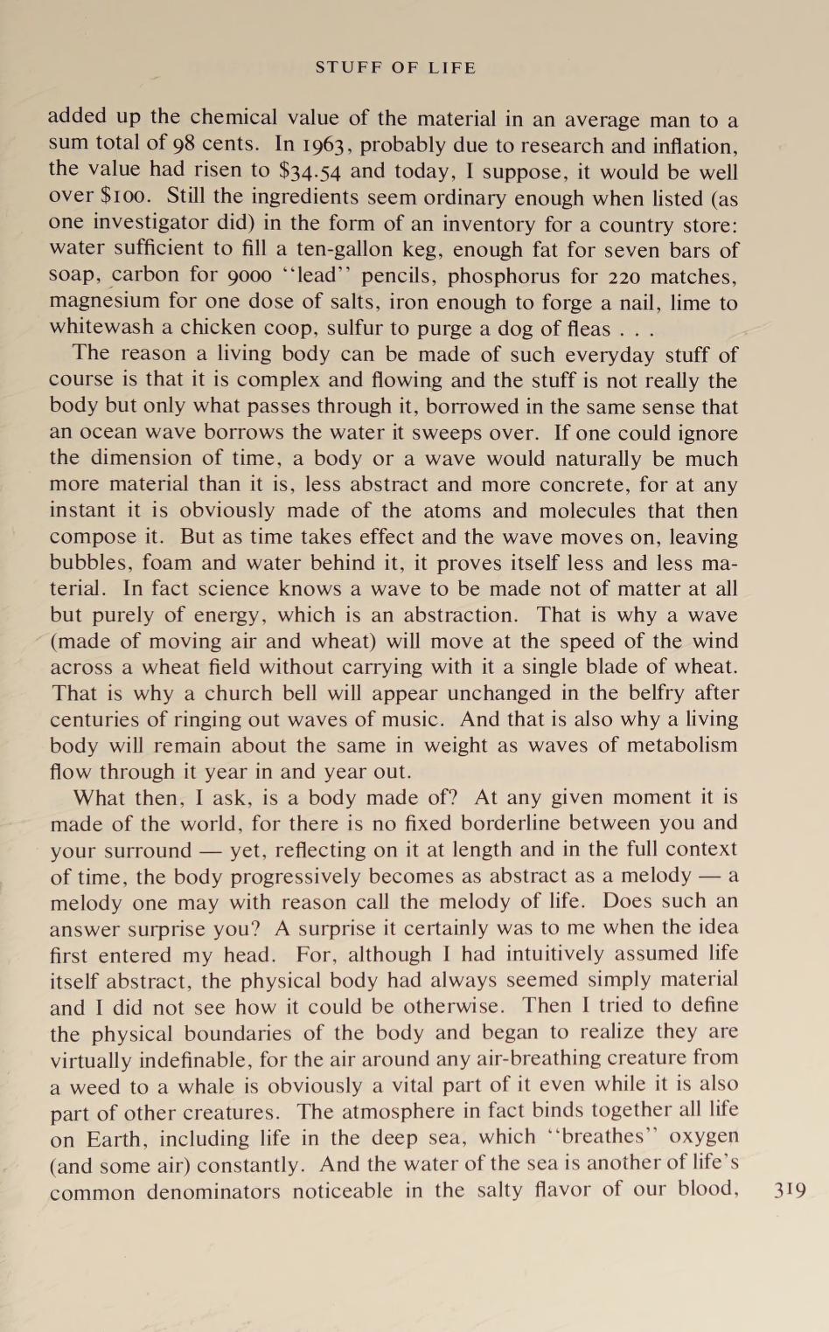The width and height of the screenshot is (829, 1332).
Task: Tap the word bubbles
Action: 90,563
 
